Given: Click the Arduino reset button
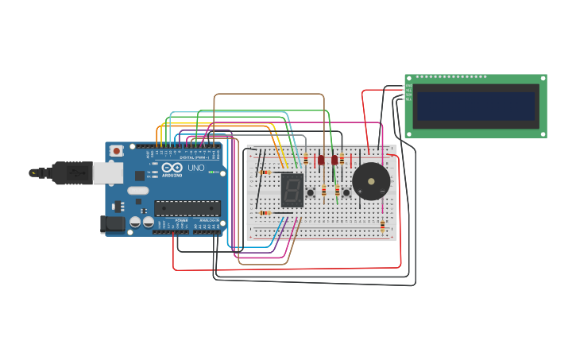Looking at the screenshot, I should click(x=117, y=150).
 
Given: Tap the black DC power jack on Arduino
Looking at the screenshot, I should click(x=113, y=224).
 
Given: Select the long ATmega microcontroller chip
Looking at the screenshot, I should click(x=187, y=208).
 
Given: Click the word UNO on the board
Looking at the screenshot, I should click(x=195, y=168).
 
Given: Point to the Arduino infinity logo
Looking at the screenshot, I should click(x=172, y=168).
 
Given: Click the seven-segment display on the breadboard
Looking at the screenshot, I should click(x=292, y=191).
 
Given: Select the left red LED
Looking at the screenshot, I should click(x=321, y=160).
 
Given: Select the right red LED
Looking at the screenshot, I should click(x=334, y=160).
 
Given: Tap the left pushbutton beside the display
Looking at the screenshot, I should click(x=311, y=192).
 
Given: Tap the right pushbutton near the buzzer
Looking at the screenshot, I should click(x=346, y=192).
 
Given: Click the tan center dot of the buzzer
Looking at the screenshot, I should click(x=371, y=181).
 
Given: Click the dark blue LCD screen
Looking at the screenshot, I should click(x=475, y=106).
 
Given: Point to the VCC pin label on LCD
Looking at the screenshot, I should click(x=408, y=91).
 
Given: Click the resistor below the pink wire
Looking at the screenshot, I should click(x=382, y=227).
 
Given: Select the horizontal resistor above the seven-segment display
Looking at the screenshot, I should click(x=265, y=172).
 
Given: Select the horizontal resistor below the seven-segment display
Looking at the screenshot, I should click(x=265, y=213).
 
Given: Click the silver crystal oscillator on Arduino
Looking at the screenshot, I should click(x=137, y=191).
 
